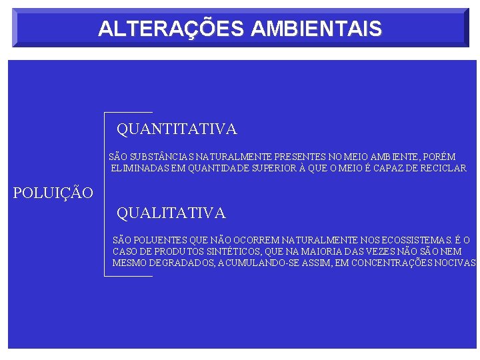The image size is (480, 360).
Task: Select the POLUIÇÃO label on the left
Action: (x=53, y=193)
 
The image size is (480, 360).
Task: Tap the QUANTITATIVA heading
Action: (x=177, y=129)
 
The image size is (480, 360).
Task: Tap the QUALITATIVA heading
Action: (x=171, y=213)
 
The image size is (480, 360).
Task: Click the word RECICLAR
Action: (x=441, y=168)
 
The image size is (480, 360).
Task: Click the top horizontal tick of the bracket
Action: (x=129, y=112)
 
